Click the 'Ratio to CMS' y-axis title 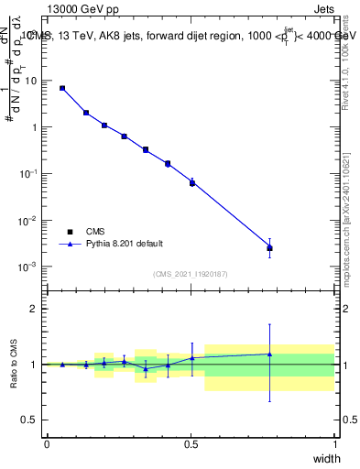pos(15,363)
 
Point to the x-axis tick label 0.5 pos(191,444)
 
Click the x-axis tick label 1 pos(335,444)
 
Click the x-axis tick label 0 pos(47,444)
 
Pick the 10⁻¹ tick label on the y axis pos(29,173)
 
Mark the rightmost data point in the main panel pos(269,247)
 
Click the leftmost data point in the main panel pos(62,88)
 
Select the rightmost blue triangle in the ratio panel pos(269,354)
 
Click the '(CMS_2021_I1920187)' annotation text pos(190,274)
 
